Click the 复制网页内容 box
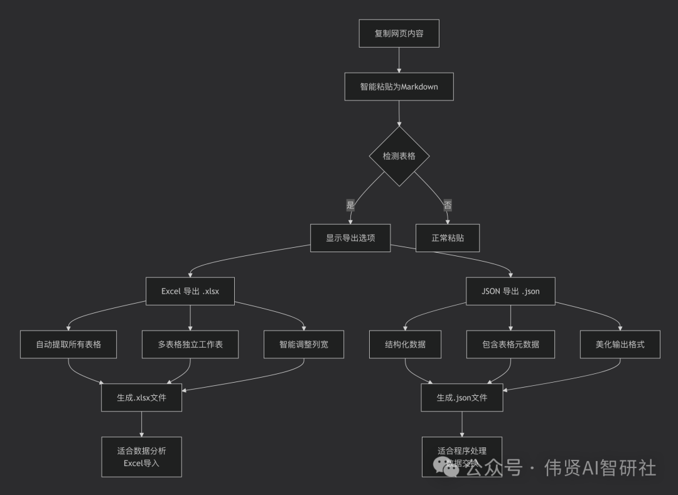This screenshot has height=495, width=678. point(399,33)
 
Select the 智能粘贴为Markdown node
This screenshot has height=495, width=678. point(399,87)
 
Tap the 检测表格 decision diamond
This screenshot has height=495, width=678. point(399,156)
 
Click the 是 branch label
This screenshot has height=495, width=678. point(350,205)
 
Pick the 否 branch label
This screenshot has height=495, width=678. point(448,205)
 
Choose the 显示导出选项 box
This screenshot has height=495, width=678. point(350,238)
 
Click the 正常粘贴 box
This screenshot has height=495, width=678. point(448,238)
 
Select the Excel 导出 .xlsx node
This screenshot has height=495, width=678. point(190,291)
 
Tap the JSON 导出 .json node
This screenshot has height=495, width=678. point(510,291)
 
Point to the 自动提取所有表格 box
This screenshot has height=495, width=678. point(68,344)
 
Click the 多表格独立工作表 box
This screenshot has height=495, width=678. point(190,344)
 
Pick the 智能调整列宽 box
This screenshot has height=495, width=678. point(304,344)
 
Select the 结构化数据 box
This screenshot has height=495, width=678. point(405,344)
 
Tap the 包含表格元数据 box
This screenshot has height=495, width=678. point(510,344)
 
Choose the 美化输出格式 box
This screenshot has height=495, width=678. point(620,344)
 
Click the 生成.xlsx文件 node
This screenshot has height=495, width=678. point(141,398)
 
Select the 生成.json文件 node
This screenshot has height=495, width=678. point(462,398)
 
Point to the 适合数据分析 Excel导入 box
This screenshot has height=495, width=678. point(141,457)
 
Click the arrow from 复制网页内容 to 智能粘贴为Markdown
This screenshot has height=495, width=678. point(399,60)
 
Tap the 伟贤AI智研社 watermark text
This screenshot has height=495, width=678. point(600,468)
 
